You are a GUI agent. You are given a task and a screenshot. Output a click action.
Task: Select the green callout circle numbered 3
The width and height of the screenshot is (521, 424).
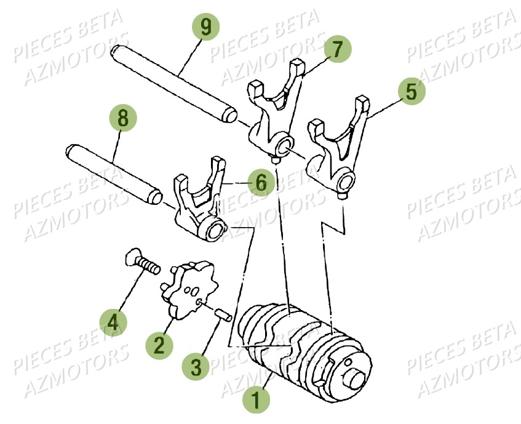pos(196,367)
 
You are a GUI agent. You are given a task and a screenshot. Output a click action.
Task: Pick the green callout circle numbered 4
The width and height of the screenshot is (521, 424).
pos(113,321)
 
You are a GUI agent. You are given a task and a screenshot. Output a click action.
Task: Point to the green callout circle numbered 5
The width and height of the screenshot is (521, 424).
pos(411,91)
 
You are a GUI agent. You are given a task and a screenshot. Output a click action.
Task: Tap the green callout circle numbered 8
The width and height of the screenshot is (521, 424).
pos(123,118)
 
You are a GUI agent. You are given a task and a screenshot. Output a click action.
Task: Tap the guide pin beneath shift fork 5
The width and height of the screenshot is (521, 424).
pos(341,196)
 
